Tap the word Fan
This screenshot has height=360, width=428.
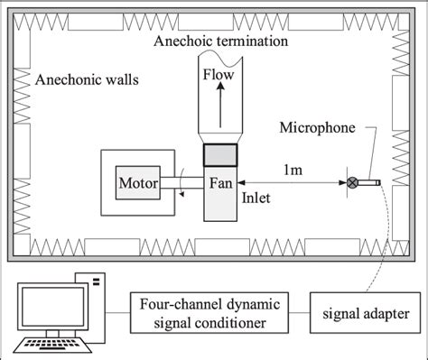point(221,184)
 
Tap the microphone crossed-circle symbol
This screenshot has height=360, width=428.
point(353,183)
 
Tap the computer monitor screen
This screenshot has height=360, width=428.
point(50,312)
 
